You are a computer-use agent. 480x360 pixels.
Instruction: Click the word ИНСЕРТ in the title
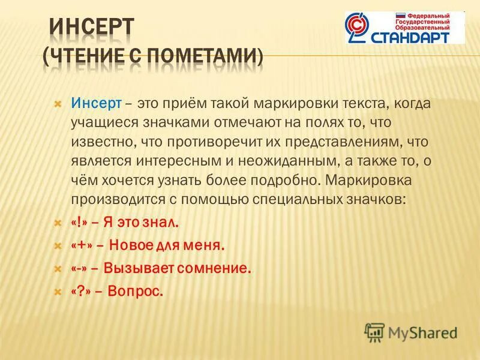click(91, 28)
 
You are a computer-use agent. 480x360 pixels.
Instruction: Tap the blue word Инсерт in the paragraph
click(96, 103)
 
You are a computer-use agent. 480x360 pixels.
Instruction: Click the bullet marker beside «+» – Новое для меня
click(58, 245)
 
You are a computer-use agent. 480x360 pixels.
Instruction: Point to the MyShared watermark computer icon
click(374, 331)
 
